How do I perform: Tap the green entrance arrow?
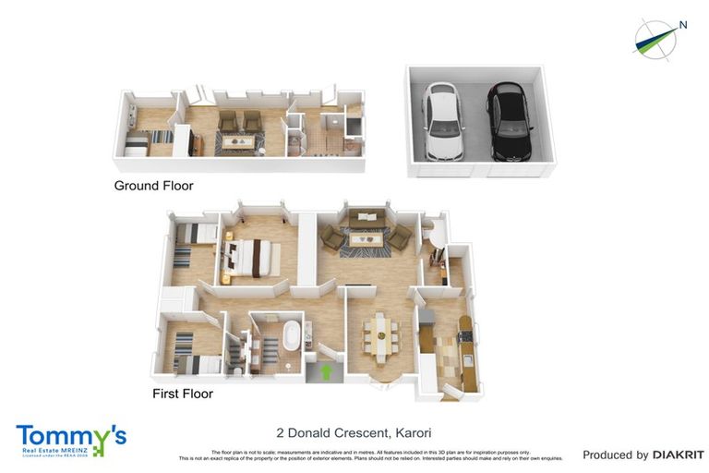(x=325, y=372)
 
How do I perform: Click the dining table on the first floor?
(x=380, y=335)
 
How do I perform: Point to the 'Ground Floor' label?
(x=153, y=186)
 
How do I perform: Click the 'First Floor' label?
(x=183, y=394)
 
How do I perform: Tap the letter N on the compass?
(x=683, y=26)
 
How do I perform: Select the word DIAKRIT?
(x=679, y=455)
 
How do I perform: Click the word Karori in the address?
(x=414, y=432)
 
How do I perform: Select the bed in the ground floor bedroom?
(x=138, y=143)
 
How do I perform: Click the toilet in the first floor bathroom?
(x=237, y=369)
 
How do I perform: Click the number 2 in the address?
(x=281, y=432)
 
